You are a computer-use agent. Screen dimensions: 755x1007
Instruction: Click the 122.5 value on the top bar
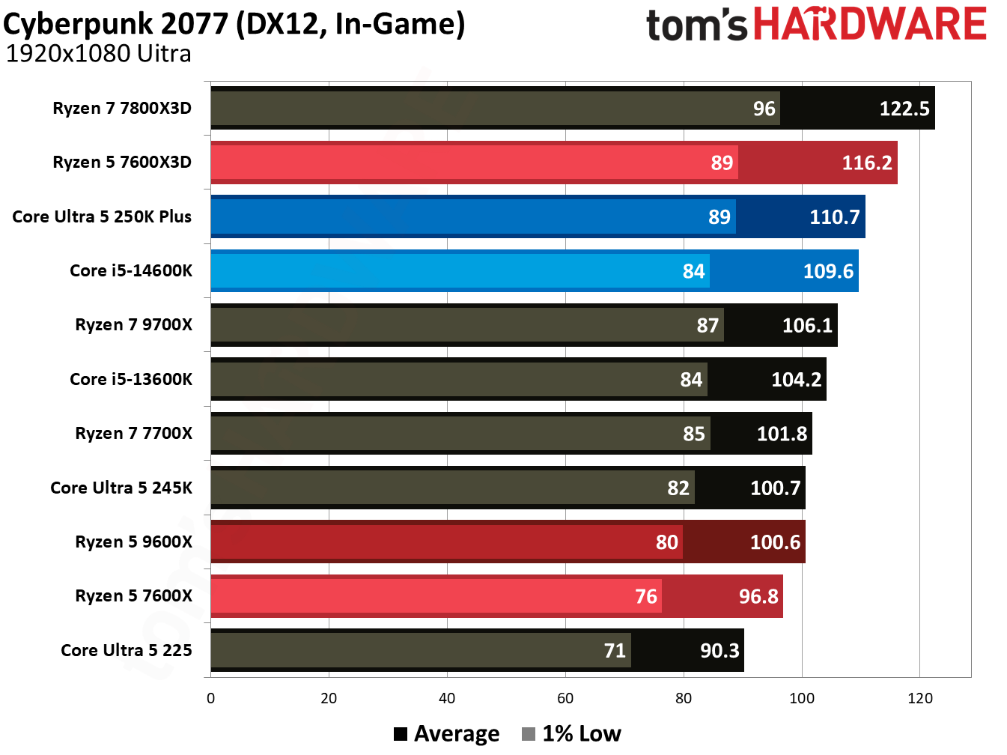904,109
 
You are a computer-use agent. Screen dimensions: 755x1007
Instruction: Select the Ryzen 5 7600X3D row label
122,163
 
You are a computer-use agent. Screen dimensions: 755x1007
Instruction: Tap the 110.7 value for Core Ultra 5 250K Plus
834,217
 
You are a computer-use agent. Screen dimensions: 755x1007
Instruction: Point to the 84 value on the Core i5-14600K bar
693,271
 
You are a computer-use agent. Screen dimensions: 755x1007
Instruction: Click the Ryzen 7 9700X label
133,325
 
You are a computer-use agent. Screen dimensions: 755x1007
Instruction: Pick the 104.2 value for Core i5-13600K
796,380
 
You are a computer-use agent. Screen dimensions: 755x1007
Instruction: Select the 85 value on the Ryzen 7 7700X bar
693,434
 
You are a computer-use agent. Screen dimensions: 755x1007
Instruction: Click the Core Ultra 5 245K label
121,488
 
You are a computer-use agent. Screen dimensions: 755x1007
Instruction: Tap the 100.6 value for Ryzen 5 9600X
775,542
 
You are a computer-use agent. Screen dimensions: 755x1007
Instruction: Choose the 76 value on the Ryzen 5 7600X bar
645,596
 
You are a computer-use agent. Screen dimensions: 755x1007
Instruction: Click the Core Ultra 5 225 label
127,650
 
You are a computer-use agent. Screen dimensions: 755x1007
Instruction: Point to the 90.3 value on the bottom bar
719,651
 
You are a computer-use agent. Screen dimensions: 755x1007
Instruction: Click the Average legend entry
447,734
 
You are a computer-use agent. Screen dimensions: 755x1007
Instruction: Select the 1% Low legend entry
572,734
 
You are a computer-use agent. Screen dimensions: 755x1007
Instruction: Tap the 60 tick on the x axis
565,699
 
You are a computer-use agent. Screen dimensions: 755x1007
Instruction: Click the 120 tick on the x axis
919,699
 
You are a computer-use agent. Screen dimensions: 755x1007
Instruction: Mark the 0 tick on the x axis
210,699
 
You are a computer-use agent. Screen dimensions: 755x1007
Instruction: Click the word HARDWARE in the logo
869,24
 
